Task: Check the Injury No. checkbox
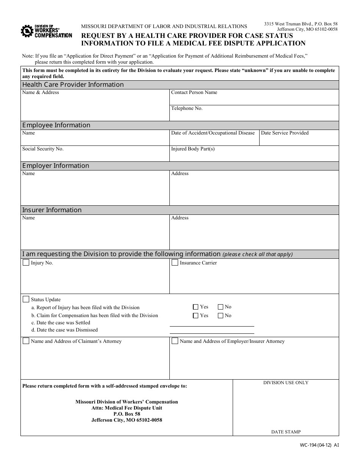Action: (x=26, y=263)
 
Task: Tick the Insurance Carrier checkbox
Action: (x=175, y=263)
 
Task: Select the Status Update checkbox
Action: (x=26, y=299)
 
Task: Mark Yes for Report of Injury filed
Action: (x=196, y=307)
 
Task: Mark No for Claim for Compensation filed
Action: (x=221, y=315)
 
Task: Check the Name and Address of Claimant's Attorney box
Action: (x=26, y=341)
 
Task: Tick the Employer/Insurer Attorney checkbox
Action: (x=175, y=341)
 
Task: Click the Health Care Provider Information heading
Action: (x=73, y=84)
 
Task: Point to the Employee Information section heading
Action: (x=56, y=125)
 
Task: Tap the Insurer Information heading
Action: (x=52, y=210)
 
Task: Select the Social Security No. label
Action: (x=43, y=149)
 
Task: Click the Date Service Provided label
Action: (x=285, y=133)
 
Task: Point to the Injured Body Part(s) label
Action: (x=193, y=149)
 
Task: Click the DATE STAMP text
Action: (x=286, y=432)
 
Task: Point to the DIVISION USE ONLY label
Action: (x=286, y=383)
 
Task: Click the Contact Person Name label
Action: (x=194, y=92)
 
